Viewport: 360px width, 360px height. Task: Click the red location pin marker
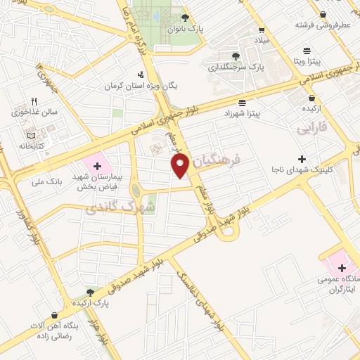181,166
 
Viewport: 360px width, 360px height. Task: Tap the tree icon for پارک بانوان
185,18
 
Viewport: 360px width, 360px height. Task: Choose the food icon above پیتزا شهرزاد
243,103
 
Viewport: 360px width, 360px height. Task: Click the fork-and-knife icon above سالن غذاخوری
34,101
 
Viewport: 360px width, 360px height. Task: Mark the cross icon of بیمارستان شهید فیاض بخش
97,166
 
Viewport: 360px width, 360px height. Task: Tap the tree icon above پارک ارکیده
89,291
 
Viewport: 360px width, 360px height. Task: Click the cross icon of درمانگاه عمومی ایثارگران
342,268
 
